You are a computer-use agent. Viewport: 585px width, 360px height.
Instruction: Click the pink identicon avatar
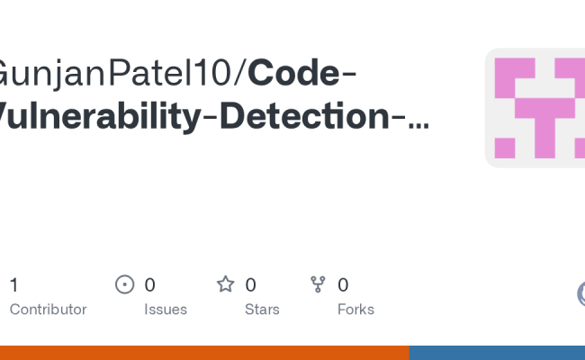535,108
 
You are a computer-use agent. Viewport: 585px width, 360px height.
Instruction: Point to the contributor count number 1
13,285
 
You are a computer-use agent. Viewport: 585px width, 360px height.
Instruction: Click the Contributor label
48,310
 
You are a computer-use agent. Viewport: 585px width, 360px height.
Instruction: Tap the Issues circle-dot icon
125,285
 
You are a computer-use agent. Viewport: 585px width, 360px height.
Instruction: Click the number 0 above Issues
150,285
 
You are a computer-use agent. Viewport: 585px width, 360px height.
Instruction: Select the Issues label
166,310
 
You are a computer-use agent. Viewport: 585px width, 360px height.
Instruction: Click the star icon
225,285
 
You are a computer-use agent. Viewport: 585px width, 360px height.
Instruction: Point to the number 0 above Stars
251,285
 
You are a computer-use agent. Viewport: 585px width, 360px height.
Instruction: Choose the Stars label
262,310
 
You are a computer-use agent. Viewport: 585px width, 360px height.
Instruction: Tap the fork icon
318,285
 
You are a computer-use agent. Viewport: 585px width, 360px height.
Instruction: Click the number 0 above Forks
343,285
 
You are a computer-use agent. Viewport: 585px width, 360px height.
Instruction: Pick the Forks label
355,310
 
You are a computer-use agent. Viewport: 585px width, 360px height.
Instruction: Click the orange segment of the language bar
204,353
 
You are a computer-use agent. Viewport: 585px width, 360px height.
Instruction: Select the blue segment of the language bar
497,353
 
